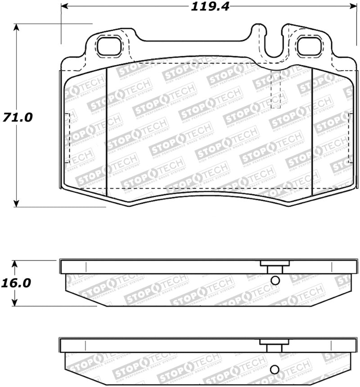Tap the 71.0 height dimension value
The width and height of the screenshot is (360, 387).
coord(17,117)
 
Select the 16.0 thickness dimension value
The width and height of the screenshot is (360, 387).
coord(17,283)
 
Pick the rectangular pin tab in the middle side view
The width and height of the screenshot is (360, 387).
coord(272,267)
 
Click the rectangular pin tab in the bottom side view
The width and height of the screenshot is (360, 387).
coord(272,346)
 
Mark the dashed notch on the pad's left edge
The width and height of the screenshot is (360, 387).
coord(67,139)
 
